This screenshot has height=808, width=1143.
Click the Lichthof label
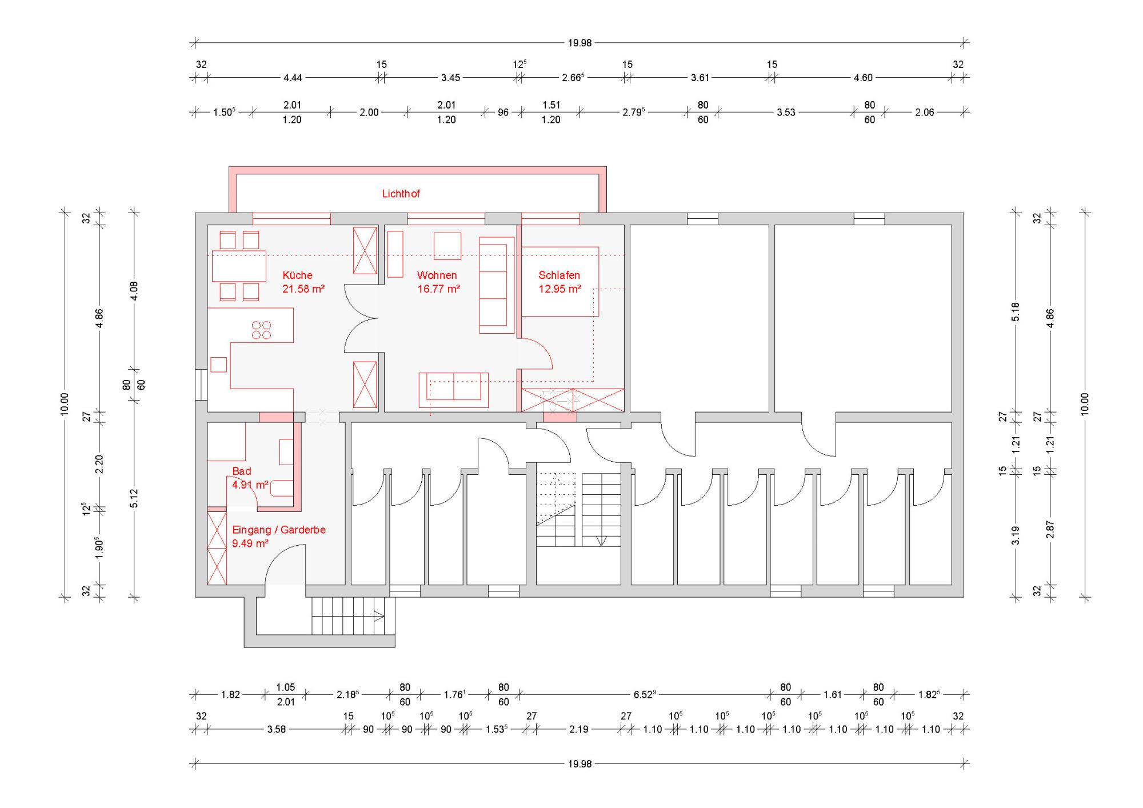coord(401,194)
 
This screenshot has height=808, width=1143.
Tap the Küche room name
coord(297,275)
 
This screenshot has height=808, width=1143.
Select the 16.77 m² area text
coord(438,289)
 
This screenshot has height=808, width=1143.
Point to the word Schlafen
coord(559,275)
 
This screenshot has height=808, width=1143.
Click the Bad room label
coord(241,471)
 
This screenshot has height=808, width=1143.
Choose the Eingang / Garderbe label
coord(278,530)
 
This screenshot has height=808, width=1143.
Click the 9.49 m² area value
coord(250,543)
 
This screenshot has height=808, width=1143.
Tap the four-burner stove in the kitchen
coord(262,330)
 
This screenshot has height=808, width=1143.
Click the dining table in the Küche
coord(239,266)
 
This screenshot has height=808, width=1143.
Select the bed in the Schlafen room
coord(559,281)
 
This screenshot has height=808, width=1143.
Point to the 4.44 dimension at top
coord(293,78)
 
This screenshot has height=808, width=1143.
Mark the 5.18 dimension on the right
coord(1016,311)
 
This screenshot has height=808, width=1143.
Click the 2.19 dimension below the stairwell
coord(578,730)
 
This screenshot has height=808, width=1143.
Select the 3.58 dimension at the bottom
coord(276,730)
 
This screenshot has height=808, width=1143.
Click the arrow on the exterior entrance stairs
coord(379,615)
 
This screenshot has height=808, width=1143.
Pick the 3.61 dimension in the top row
coord(700,78)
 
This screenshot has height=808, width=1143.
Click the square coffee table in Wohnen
coord(447,246)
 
